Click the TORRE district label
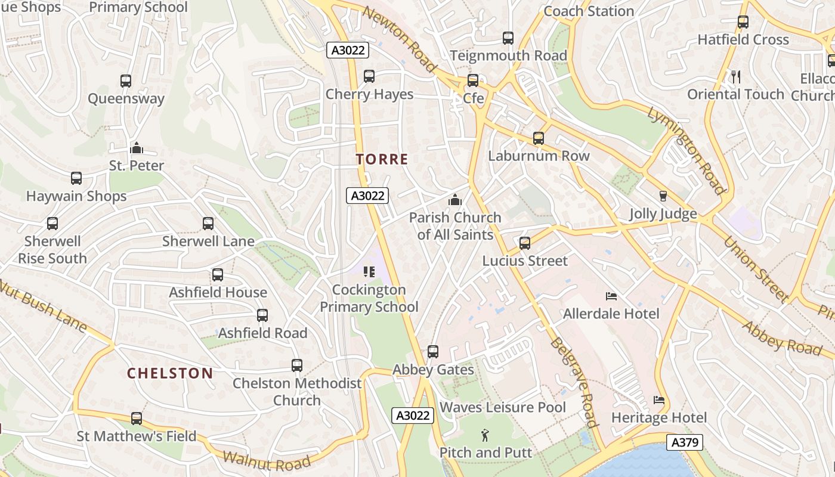(382, 159)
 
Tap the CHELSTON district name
(170, 373)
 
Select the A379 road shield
(684, 442)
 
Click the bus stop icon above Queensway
(125, 81)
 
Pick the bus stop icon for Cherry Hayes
(369, 76)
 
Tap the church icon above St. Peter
(137, 147)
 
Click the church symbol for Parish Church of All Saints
(455, 200)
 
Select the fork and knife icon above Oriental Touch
(735, 76)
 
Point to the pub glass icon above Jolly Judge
(663, 196)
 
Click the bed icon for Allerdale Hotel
(611, 296)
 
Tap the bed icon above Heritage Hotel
(659, 400)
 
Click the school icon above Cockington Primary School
(369, 272)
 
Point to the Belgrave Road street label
(574, 382)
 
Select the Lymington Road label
(686, 150)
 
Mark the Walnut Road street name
(267, 460)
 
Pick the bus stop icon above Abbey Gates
(433, 352)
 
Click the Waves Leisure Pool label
(503, 407)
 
